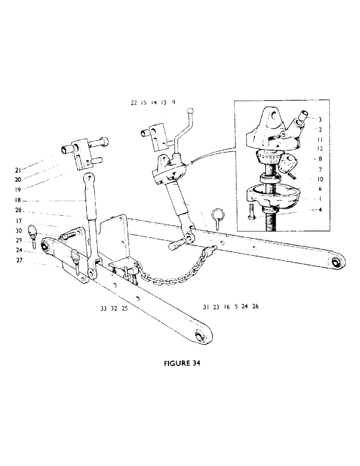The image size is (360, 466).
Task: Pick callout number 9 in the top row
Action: tap(173, 103)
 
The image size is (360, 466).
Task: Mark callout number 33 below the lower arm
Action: tap(103, 308)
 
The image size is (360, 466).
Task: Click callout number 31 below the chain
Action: tap(206, 307)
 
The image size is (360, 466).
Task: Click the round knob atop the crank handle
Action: tap(189, 111)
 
